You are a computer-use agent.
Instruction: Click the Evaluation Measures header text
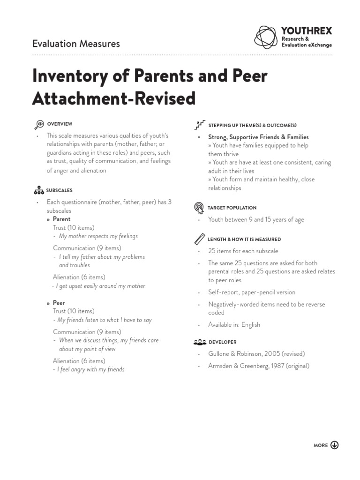(x=76, y=44)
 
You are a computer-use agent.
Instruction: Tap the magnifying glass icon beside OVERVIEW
(x=39, y=125)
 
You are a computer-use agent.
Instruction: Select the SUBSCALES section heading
(x=59, y=191)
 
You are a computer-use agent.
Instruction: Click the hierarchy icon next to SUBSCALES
(x=39, y=190)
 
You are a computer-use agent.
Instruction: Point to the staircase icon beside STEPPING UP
(x=200, y=125)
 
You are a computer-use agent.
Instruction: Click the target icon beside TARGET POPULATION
(x=199, y=208)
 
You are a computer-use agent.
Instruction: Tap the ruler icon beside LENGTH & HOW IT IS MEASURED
(x=199, y=239)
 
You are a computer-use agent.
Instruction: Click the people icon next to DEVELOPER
(x=199, y=342)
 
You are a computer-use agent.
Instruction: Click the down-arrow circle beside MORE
(x=334, y=445)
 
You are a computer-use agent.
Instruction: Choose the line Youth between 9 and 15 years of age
(x=256, y=219)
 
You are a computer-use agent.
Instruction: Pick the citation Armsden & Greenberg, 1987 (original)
(x=259, y=366)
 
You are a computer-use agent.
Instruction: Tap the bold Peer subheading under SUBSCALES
(x=59, y=303)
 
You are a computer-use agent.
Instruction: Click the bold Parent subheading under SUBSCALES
(x=61, y=219)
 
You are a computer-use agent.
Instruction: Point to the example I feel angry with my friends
(x=91, y=369)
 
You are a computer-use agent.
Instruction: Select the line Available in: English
(x=234, y=324)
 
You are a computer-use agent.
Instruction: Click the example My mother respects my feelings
(x=98, y=236)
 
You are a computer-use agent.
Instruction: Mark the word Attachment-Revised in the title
(x=113, y=98)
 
